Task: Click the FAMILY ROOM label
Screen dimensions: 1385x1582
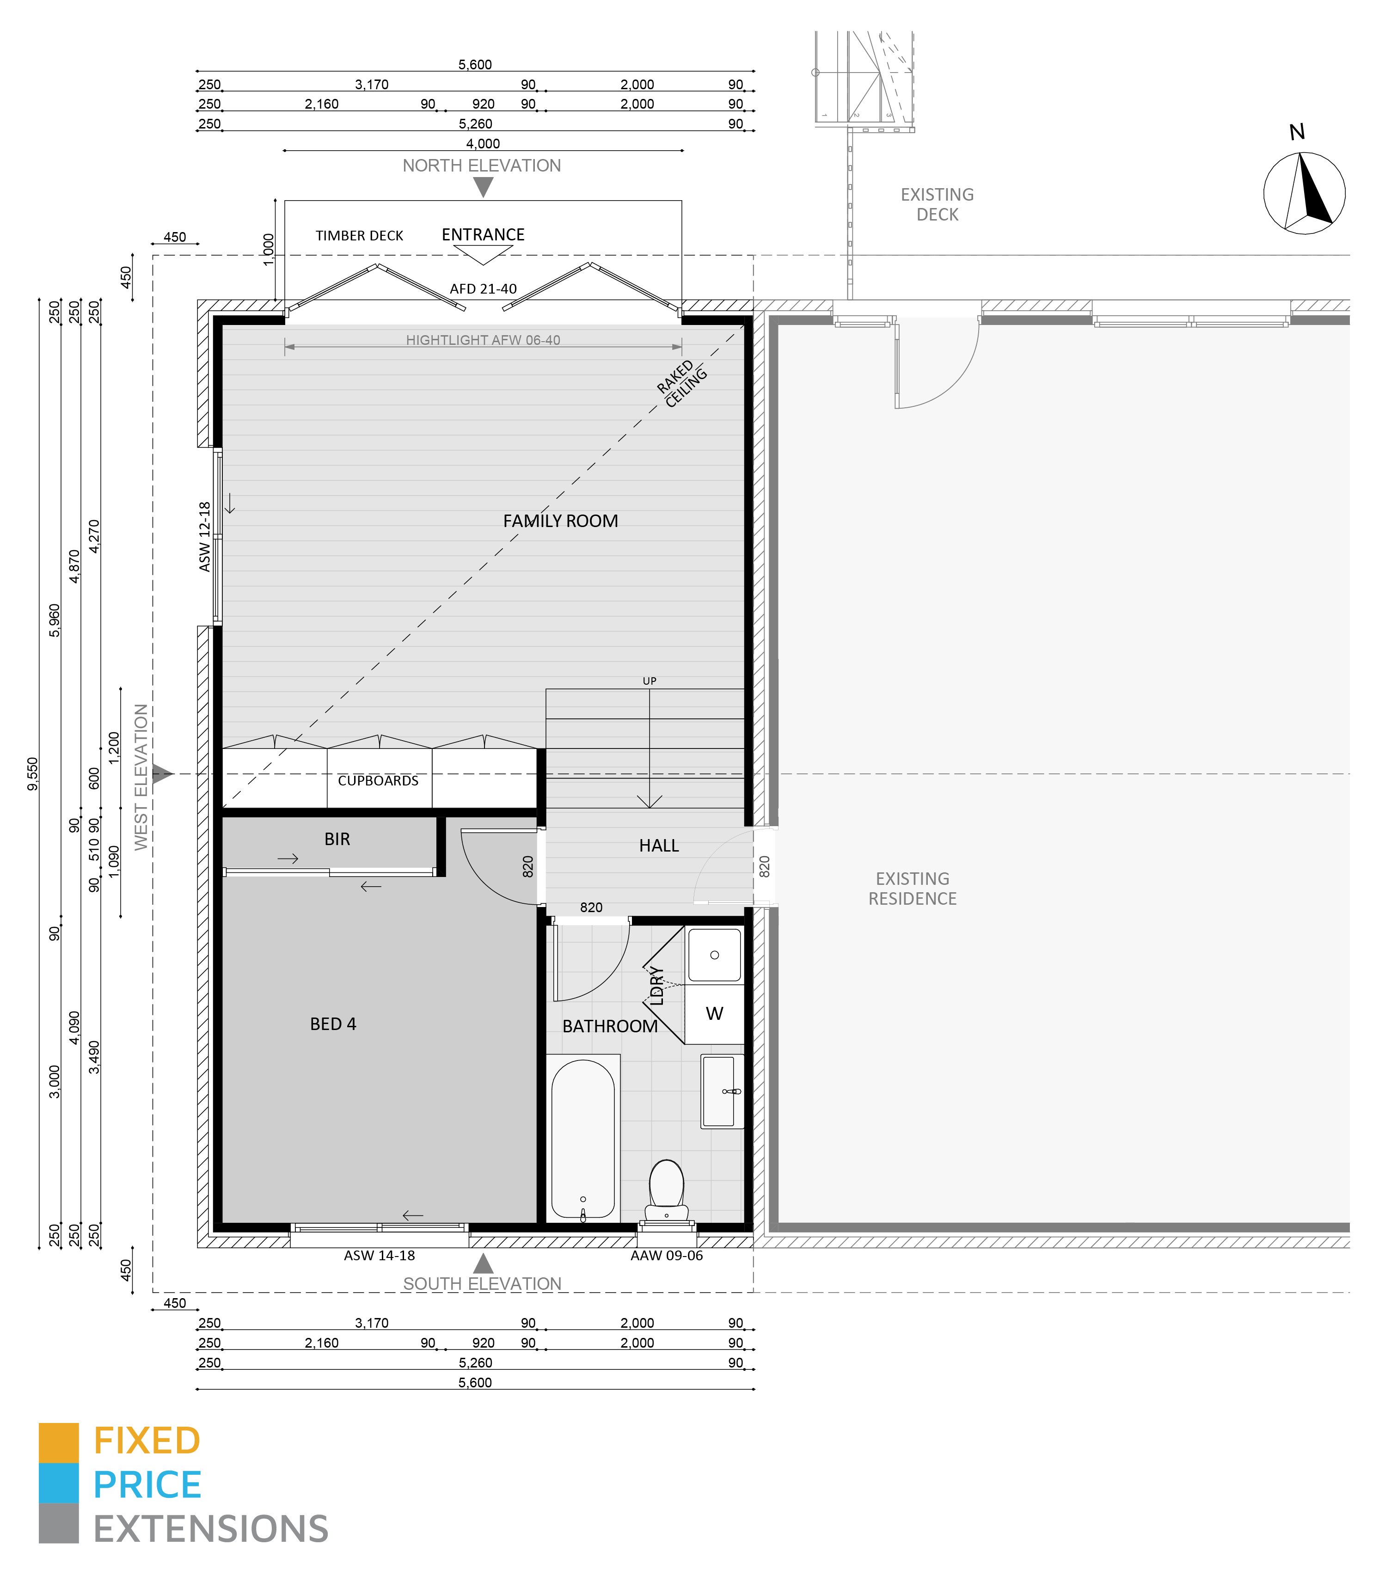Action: (560, 521)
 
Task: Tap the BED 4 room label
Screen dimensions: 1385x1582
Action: (333, 1024)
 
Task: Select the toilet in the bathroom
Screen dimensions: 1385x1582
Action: (666, 1192)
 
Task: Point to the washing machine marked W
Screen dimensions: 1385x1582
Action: (715, 1014)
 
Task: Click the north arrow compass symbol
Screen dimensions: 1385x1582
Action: (1305, 192)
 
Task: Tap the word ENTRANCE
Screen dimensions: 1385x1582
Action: (483, 235)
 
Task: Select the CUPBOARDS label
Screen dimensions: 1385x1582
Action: (378, 780)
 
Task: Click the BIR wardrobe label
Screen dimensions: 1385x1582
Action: (337, 839)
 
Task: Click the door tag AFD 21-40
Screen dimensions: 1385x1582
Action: (483, 289)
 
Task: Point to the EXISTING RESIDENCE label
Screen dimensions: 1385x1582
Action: (913, 889)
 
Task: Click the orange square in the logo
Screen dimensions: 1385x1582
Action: (59, 1443)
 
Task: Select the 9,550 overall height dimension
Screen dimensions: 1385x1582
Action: (32, 773)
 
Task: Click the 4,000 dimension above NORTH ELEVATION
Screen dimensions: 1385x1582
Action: (483, 144)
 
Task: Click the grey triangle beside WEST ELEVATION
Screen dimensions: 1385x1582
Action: (161, 773)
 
